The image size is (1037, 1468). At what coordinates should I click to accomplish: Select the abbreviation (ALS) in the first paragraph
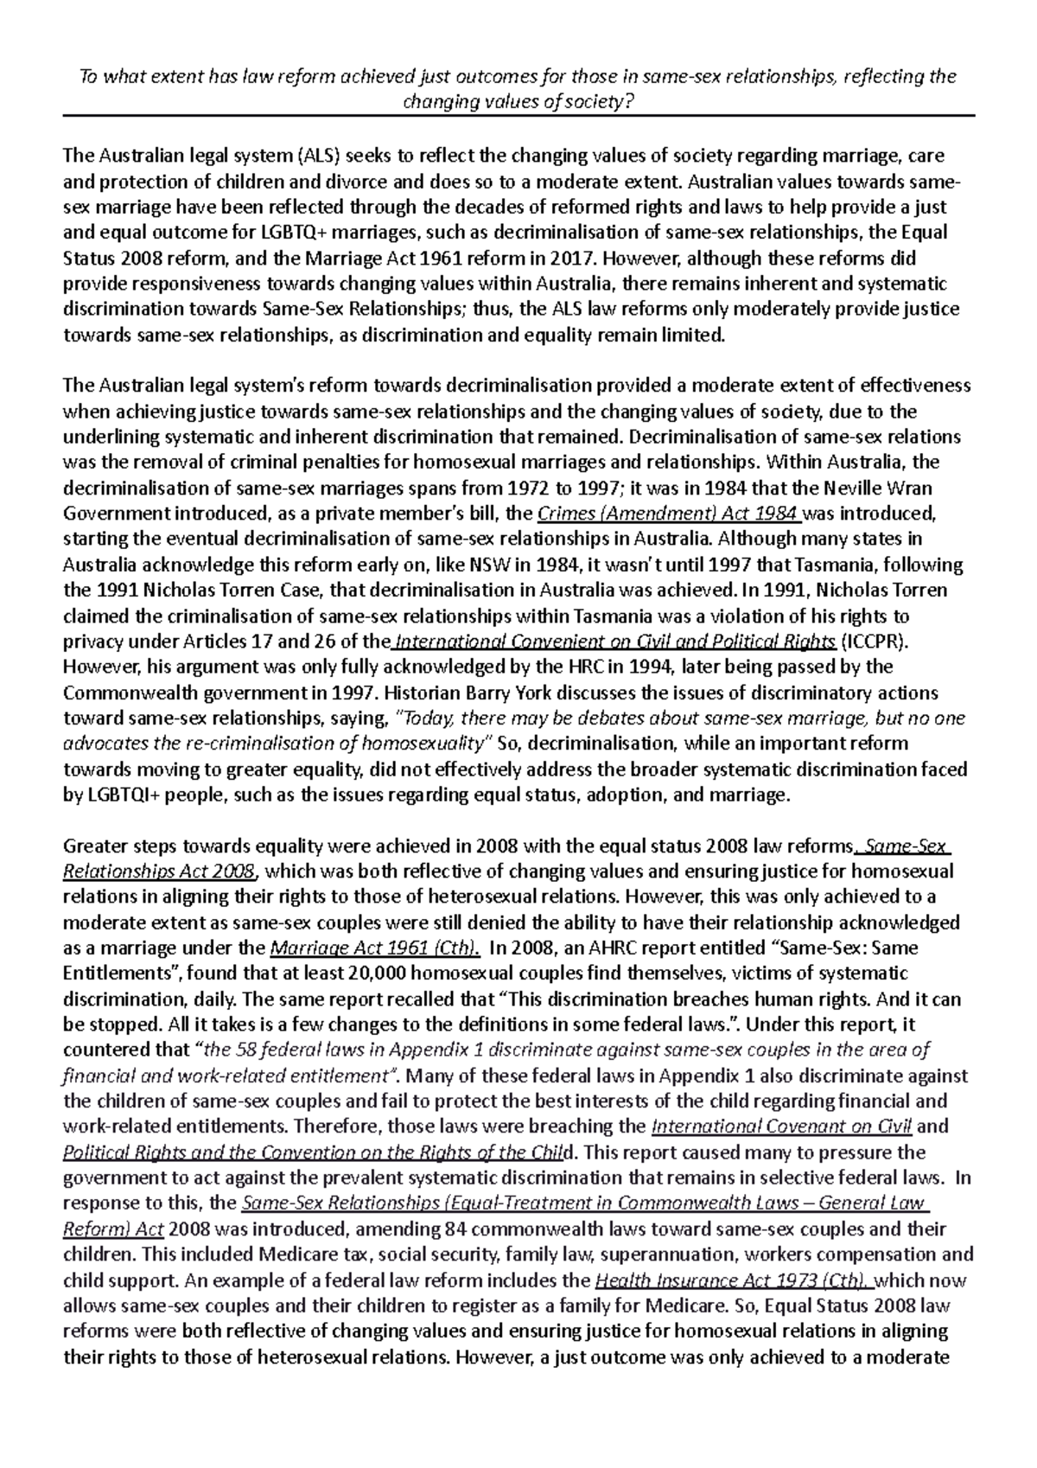pyautogui.click(x=321, y=156)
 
